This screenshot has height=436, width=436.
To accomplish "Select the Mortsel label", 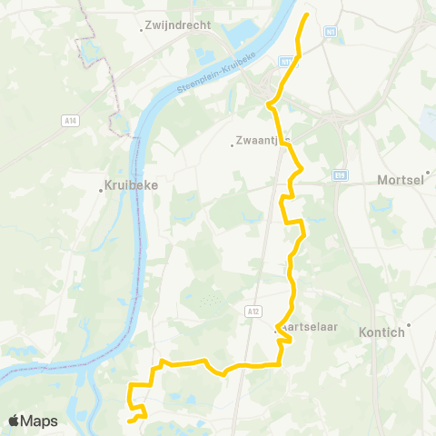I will (x=401, y=180).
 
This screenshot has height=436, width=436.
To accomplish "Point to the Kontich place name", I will (x=381, y=332).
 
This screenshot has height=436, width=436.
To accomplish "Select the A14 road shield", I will (x=69, y=118).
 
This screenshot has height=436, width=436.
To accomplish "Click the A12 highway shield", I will (x=252, y=311).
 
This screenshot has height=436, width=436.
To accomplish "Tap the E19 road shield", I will (x=340, y=174).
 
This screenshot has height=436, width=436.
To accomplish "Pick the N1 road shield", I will (x=330, y=31).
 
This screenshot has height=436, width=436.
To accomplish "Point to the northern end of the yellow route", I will (x=305, y=15).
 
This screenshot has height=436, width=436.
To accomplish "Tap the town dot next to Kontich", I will (x=409, y=325).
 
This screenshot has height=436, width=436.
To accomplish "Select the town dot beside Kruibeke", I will (x=102, y=190).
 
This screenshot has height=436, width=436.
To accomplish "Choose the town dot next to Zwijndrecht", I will (x=142, y=29).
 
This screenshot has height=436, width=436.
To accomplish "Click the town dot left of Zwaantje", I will (x=232, y=143).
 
